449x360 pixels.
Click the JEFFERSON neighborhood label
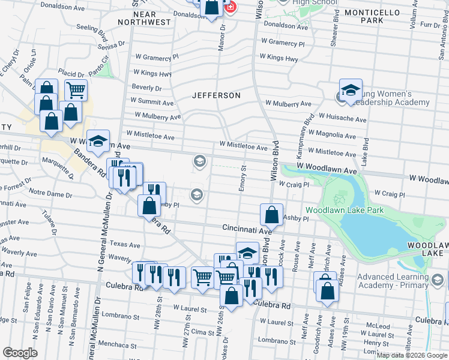(x=216, y=95)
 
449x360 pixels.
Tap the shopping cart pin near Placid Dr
(x=76, y=91)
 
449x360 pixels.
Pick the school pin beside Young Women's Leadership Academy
(x=351, y=90)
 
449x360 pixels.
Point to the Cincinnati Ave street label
(x=247, y=229)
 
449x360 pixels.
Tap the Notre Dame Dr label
(x=50, y=195)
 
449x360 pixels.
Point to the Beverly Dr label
(x=147, y=88)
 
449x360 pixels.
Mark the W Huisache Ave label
(x=342, y=119)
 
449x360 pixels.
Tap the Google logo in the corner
(x=20, y=353)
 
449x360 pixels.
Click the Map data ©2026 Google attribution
(x=412, y=355)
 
